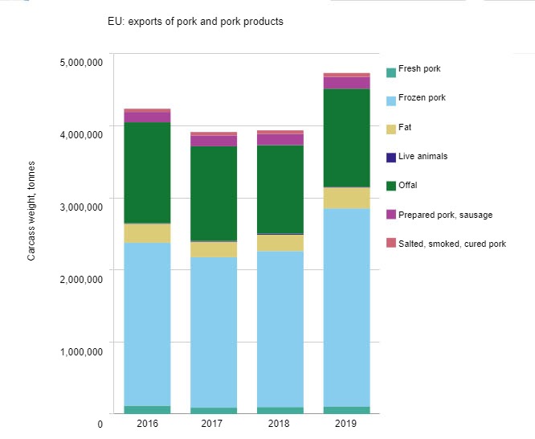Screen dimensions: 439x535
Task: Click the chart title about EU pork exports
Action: click(x=195, y=22)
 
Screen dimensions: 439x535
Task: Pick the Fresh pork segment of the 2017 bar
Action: click(x=214, y=410)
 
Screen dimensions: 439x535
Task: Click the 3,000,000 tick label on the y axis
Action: click(x=80, y=207)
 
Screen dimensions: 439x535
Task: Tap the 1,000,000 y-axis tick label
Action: click(x=80, y=351)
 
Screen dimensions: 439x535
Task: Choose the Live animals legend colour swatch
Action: click(x=391, y=157)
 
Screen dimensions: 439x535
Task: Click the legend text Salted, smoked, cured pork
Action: click(x=452, y=244)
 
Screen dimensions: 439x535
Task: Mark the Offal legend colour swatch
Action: click(x=391, y=186)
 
